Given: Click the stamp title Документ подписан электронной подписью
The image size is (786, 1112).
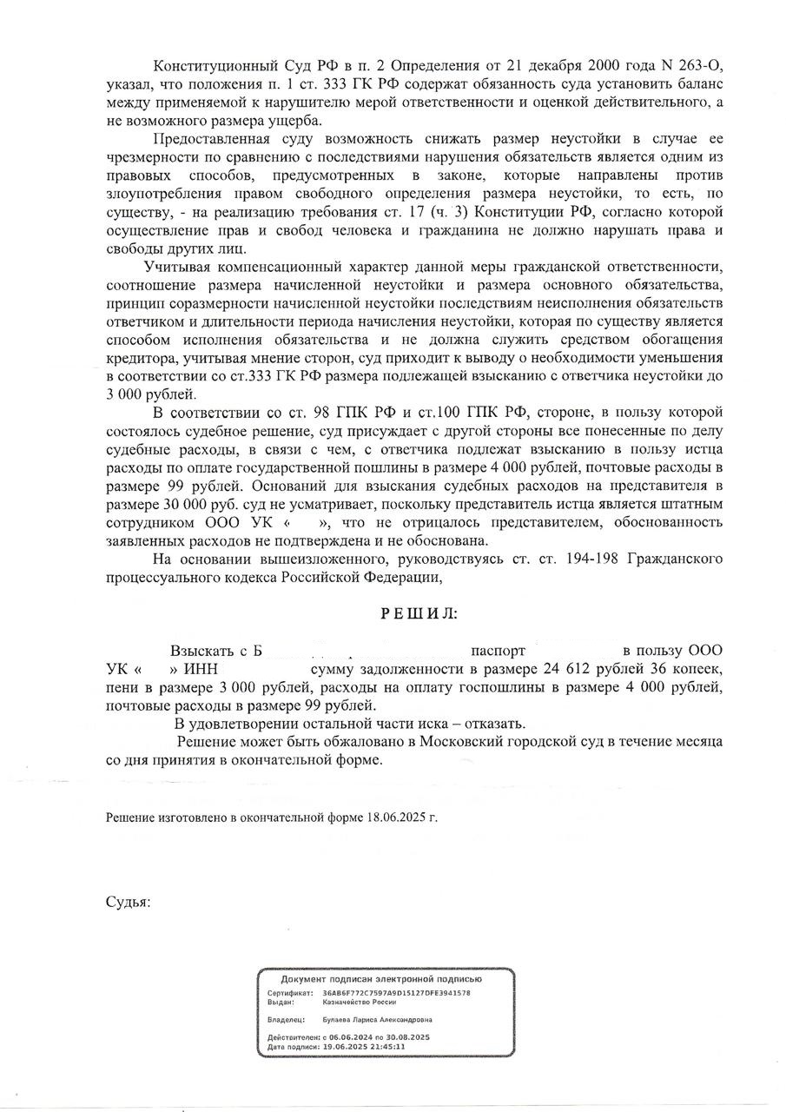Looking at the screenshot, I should pos(386,979).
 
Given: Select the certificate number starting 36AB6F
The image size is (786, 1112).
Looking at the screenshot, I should pos(396,992).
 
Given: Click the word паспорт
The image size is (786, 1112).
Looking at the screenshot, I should pos(499,651).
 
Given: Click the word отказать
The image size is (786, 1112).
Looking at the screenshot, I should pos(494,724).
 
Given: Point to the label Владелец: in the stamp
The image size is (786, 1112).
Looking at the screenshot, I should pos(286,1020).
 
